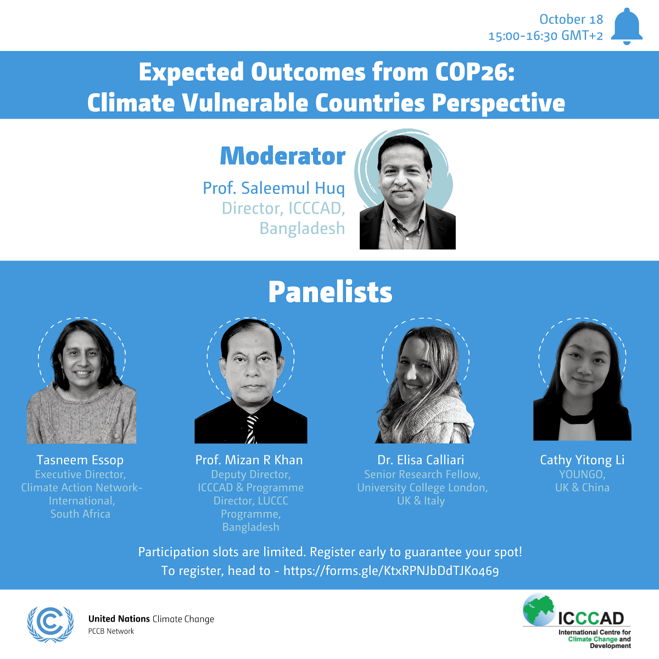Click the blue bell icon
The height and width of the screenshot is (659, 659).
coord(627,26)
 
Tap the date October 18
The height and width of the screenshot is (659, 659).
coord(571,19)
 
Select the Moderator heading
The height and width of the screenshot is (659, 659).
coord(282,157)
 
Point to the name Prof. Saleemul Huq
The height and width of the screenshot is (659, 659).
coord(273,188)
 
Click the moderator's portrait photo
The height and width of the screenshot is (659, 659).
coord(407,192)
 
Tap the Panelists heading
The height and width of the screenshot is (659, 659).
coord(330,292)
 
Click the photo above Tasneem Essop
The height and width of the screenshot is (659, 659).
coord(81,382)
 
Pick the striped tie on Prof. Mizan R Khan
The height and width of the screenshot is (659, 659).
coord(252,429)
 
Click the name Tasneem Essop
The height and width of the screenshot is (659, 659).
coord(80,460)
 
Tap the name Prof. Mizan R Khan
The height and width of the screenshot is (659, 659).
coord(249,460)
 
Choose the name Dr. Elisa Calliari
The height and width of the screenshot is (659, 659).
coord(421,460)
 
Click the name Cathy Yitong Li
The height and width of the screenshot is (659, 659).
coord(582,460)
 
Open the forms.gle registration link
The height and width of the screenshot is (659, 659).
coord(391,571)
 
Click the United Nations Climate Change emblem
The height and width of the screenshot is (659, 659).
coord(51,624)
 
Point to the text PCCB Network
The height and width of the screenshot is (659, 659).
coord(111,632)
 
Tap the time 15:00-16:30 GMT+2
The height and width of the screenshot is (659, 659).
coord(545,36)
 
